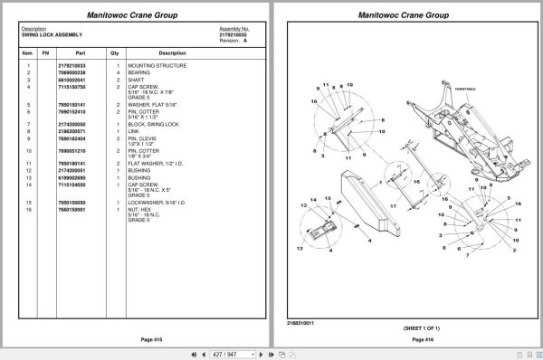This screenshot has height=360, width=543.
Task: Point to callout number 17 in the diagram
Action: (394, 206)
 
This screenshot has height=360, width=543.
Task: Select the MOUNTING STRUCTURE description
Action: (157, 65)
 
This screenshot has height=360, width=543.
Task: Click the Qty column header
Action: (115, 52)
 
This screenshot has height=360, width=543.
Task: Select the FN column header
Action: (45, 52)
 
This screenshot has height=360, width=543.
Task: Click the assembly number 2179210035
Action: (233, 34)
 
